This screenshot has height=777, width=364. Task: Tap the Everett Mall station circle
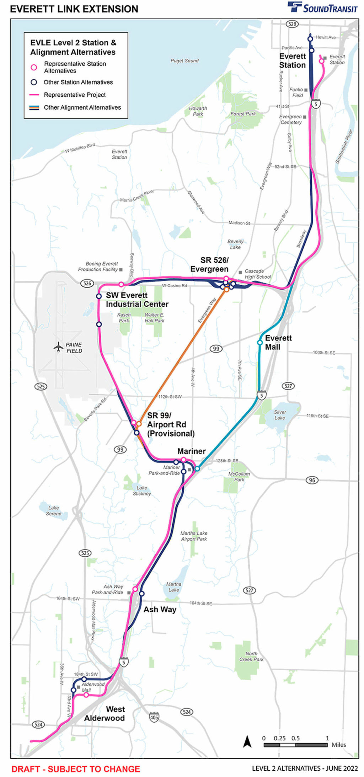(260, 342)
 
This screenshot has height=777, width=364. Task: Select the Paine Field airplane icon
(58, 347)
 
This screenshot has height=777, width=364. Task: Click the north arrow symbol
(247, 742)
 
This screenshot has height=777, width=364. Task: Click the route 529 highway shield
(292, 24)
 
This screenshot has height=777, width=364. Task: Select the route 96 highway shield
(312, 480)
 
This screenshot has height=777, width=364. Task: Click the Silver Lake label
(280, 415)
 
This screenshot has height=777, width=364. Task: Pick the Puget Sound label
(184, 61)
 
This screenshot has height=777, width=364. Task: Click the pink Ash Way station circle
(135, 589)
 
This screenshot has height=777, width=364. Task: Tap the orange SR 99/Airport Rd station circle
(139, 424)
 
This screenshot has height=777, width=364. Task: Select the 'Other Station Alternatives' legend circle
(34, 82)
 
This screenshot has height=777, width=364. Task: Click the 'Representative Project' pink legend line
(34, 95)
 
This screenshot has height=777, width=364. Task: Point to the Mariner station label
(191, 451)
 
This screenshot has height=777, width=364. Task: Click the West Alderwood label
(105, 714)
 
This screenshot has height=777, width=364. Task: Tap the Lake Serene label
(53, 511)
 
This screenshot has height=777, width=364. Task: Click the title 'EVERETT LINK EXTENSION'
(74, 9)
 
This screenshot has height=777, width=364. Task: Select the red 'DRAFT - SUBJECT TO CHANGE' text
(76, 769)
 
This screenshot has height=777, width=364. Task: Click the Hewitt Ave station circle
(310, 39)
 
